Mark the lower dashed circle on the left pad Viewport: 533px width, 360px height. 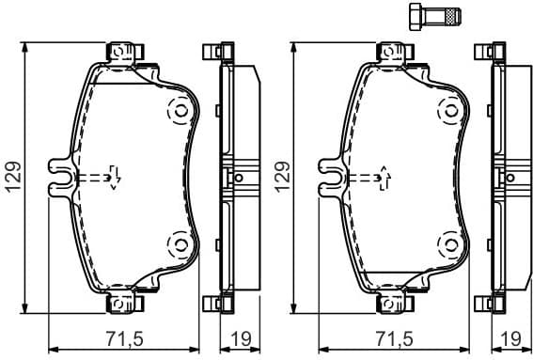(x=176, y=246)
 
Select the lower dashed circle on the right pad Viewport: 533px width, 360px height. (x=447, y=246)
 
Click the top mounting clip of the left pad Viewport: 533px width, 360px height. (x=122, y=51)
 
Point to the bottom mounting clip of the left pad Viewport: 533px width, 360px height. (x=122, y=303)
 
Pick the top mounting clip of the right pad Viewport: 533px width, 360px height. (x=393, y=51)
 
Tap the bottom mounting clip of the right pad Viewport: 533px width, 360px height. (x=393, y=303)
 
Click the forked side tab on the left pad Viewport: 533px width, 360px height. (x=58, y=177)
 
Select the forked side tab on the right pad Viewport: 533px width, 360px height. (x=329, y=177)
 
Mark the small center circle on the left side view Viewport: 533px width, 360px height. (x=238, y=177)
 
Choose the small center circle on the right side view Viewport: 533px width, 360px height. (x=509, y=177)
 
